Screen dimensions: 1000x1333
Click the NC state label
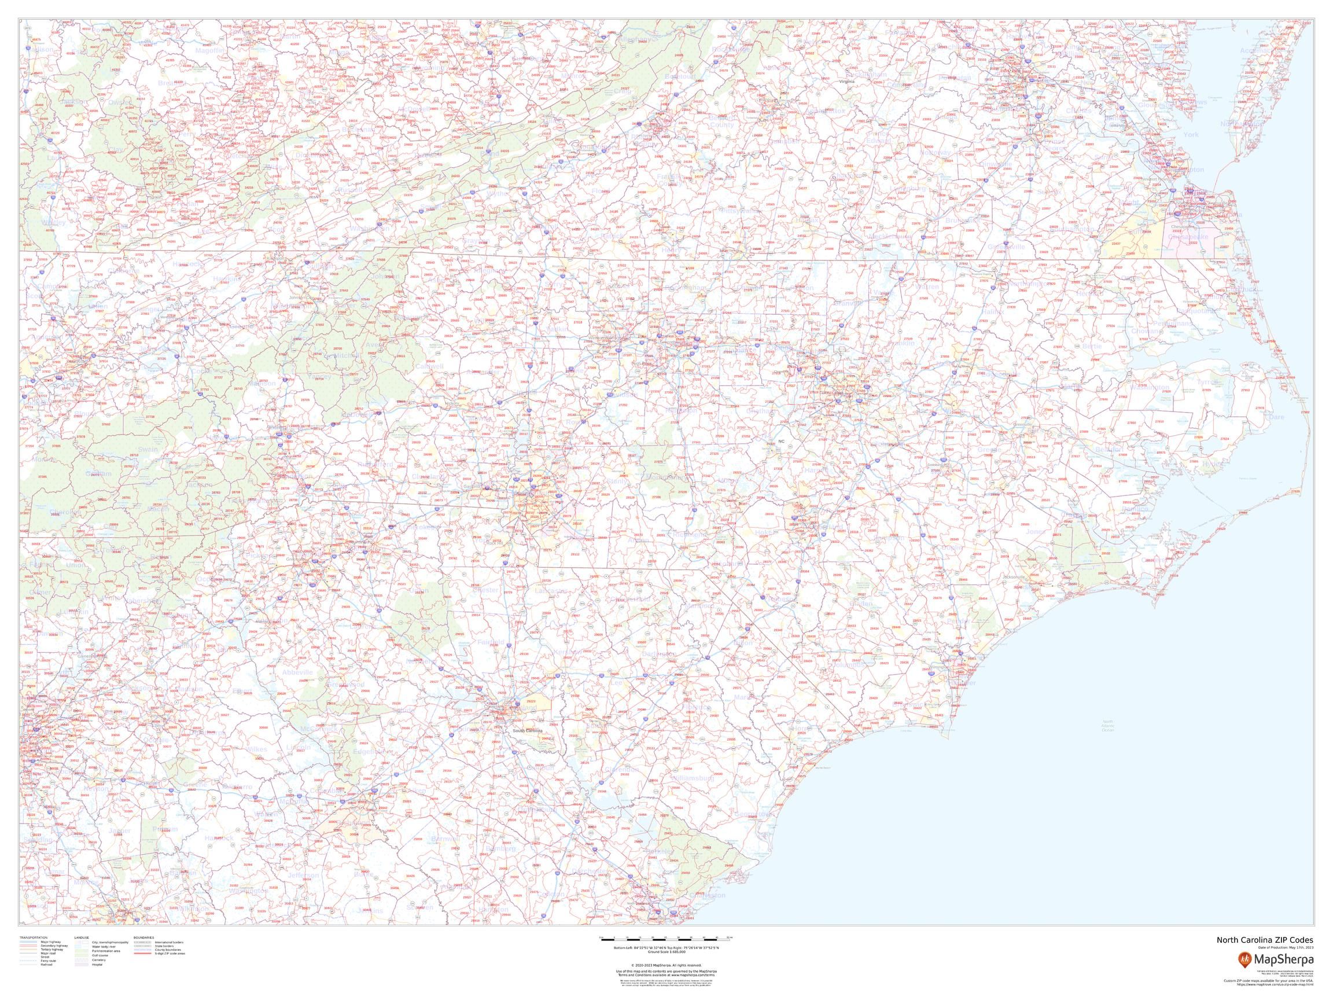(x=781, y=441)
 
